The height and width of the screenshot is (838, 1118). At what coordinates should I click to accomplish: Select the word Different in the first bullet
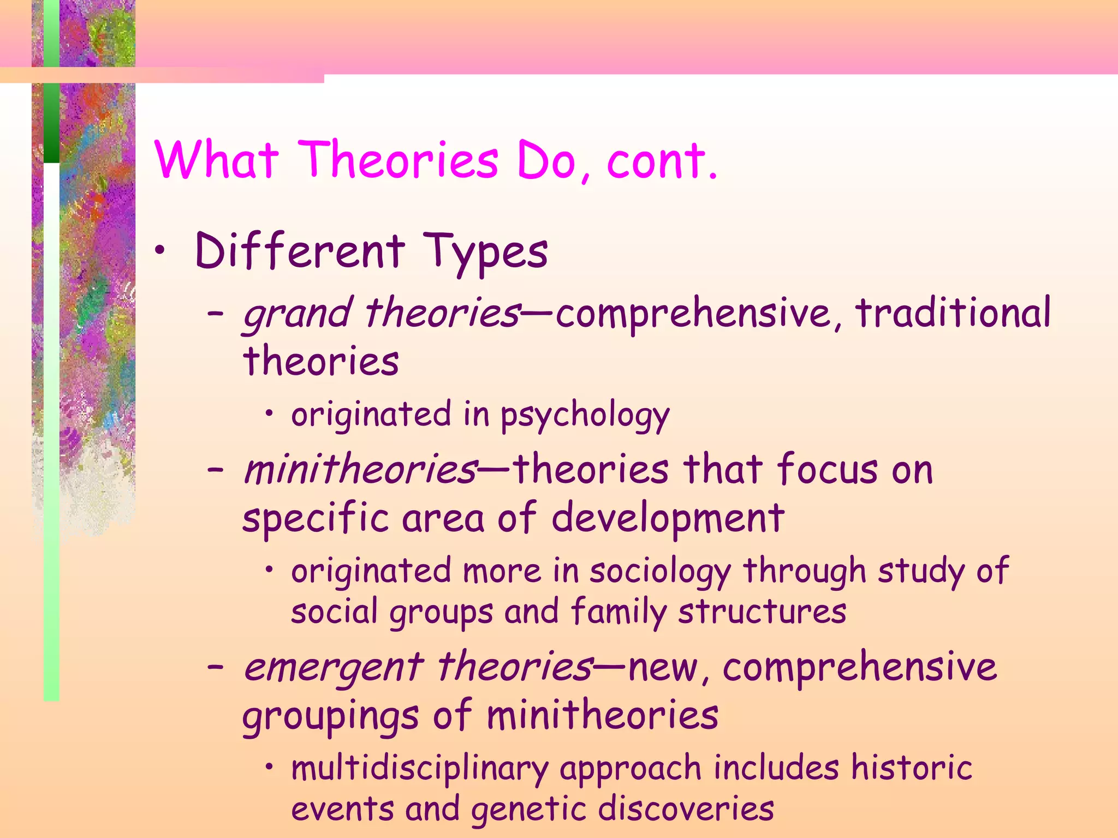click(300, 251)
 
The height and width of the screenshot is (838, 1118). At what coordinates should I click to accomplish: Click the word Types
click(485, 253)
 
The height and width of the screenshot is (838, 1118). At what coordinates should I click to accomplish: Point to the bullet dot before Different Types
click(159, 250)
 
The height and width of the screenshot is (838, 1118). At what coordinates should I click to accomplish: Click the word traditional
click(953, 313)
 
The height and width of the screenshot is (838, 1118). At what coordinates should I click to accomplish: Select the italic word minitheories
click(360, 469)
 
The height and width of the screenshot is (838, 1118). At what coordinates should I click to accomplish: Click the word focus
click(827, 469)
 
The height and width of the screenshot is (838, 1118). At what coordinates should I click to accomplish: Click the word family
click(619, 612)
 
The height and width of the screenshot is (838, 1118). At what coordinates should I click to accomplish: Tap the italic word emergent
click(333, 668)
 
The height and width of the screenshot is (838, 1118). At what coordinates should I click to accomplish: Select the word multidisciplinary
click(419, 769)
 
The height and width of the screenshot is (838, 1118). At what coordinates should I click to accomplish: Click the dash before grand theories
click(216, 314)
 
